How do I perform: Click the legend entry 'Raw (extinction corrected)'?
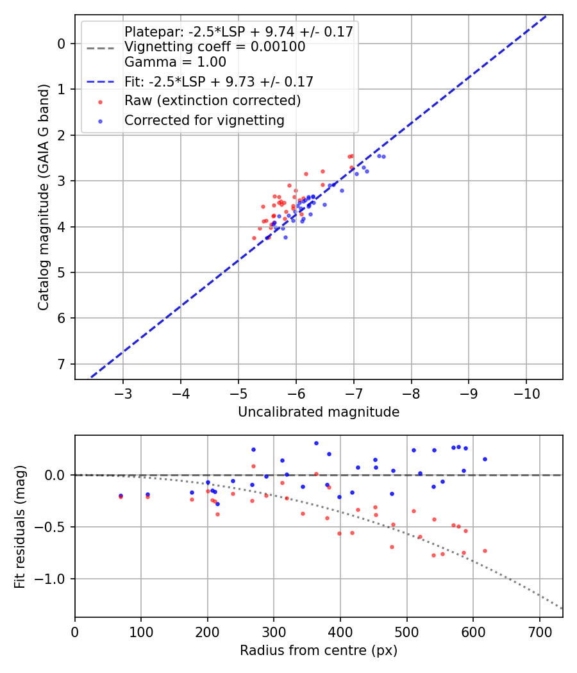pyautogui.click(x=212, y=101)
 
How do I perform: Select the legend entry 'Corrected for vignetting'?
pyautogui.click(x=205, y=120)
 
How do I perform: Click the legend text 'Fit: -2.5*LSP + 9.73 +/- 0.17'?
pyautogui.click(x=219, y=82)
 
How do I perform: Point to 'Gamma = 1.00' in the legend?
pyautogui.click(x=175, y=62)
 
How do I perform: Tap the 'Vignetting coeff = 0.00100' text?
pyautogui.click(x=215, y=47)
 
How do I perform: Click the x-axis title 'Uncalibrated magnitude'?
pyautogui.click(x=319, y=412)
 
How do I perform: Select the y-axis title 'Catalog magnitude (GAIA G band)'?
pyautogui.click(x=44, y=197)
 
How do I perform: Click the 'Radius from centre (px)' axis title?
pyautogui.click(x=319, y=651)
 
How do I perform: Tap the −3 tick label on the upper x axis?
pyautogui.click(x=123, y=392)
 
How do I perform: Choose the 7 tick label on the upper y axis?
pyautogui.click(x=62, y=364)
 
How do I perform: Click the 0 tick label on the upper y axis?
pyautogui.click(x=62, y=44)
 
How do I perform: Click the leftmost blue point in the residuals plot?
pyautogui.click(x=121, y=495)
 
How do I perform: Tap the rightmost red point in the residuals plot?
pyautogui.click(x=485, y=551)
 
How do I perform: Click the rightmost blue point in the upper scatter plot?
pyautogui.click(x=383, y=156)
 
